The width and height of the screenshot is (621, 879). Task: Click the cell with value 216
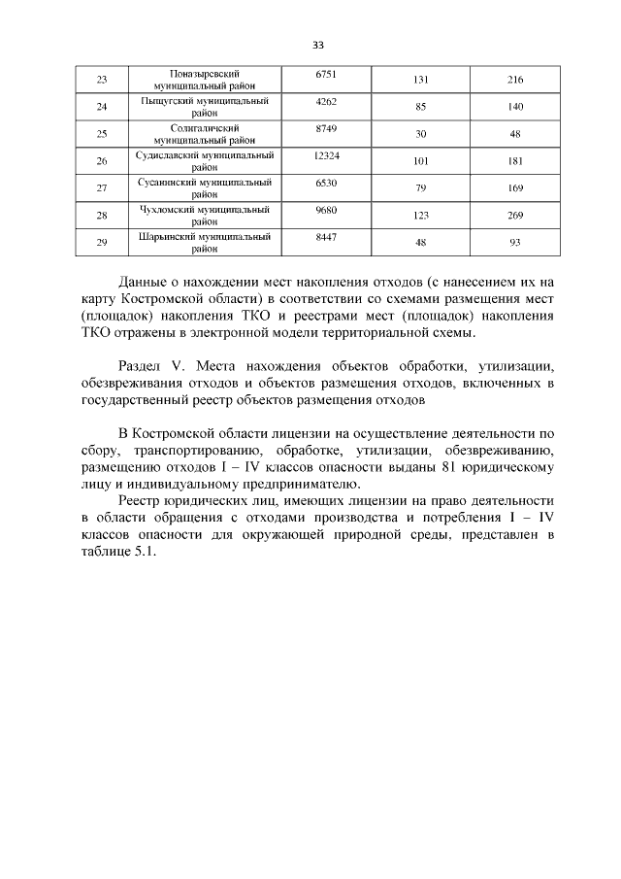(515, 80)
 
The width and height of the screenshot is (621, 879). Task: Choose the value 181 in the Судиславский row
(515, 161)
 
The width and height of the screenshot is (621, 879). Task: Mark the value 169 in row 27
(515, 188)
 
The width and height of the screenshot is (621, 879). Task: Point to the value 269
(515, 216)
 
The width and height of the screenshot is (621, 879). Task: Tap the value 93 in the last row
(515, 243)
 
